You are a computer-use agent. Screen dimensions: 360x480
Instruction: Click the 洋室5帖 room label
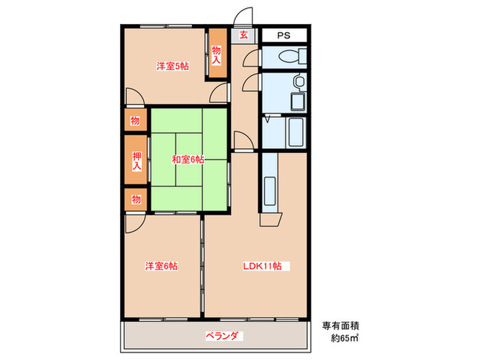pyautogui.click(x=172, y=66)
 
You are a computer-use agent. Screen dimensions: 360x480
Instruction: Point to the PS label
pyautogui.click(x=283, y=36)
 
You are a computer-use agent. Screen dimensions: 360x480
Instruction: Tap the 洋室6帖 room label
pyautogui.click(x=161, y=265)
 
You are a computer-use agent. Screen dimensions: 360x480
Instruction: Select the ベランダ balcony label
pyautogui.click(x=222, y=336)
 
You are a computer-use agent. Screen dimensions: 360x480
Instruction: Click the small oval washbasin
pyautogui.click(x=297, y=83)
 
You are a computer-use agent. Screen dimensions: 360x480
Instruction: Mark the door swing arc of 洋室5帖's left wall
pyautogui.click(x=131, y=96)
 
